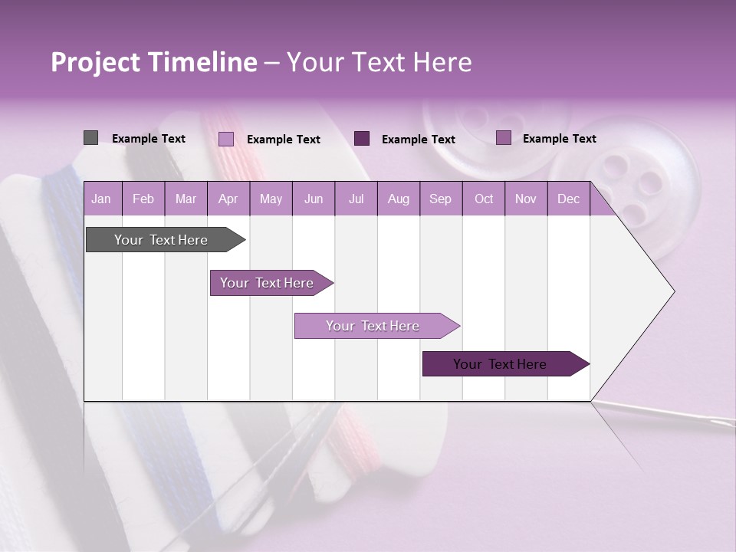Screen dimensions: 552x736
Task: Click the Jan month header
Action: (102, 199)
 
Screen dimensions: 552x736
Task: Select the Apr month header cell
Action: (228, 199)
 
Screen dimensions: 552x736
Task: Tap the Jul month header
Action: (356, 199)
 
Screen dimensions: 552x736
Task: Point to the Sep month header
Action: (441, 199)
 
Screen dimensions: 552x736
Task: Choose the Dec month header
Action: (569, 199)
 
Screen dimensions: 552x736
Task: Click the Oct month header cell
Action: (484, 199)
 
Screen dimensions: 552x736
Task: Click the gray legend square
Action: (90, 138)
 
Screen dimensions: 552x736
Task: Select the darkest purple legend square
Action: (362, 139)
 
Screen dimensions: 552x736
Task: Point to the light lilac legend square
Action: (226, 139)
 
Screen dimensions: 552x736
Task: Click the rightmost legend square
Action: (504, 138)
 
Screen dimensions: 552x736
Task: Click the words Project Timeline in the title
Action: (154, 62)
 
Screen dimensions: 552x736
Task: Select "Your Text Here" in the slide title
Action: (379, 62)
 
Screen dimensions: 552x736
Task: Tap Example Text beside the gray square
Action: (149, 139)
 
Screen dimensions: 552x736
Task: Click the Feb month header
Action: (143, 199)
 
